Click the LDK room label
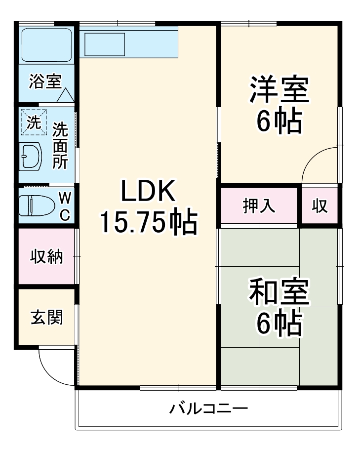(148, 191)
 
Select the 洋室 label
(279, 89)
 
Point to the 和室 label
(279, 292)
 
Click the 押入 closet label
(259, 206)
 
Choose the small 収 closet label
(320, 206)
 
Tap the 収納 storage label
(47, 256)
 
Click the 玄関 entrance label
(47, 318)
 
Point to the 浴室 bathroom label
(44, 82)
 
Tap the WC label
(65, 206)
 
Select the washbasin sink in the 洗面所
(31, 157)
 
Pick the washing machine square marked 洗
(34, 122)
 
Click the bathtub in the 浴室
(47, 44)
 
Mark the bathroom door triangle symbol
(65, 95)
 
